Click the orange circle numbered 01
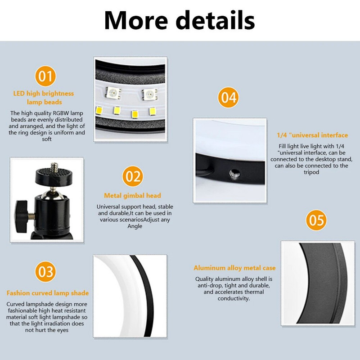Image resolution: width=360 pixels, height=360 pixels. [45, 76]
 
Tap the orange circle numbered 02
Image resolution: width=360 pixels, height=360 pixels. [133, 176]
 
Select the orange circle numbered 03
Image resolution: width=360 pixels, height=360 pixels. [45, 272]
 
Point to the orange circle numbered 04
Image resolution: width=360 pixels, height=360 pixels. [229, 97]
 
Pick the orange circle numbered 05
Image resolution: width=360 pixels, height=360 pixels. [316, 220]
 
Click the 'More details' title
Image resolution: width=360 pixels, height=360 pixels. [180, 20]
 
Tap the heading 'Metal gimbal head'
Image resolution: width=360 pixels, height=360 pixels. [132, 196]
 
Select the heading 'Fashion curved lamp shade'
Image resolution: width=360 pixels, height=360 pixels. [48, 293]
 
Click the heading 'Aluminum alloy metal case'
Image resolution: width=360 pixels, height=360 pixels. [234, 268]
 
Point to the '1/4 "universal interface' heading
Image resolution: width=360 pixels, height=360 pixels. [312, 135]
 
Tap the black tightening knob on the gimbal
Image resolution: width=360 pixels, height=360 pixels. [21, 216]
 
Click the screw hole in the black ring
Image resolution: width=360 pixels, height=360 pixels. [234, 174]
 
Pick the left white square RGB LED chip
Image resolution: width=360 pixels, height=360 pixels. [113, 93]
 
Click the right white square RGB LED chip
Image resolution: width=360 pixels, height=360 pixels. [149, 94]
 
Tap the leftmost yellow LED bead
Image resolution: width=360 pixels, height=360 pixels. [99, 110]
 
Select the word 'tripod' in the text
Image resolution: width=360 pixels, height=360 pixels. [311, 172]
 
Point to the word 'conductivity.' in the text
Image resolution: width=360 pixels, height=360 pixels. [234, 298]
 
